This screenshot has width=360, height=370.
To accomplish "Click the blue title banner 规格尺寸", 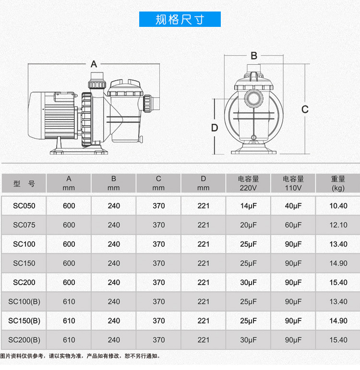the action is click(180, 19).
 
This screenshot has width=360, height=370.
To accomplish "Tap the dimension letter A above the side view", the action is click(94, 64).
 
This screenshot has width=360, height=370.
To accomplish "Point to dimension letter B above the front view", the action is click(254, 56).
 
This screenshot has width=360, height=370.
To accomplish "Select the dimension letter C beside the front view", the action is click(305, 109).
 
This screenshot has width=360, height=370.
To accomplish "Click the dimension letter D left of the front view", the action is click(215, 128).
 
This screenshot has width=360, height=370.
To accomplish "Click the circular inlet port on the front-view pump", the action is click(254, 98).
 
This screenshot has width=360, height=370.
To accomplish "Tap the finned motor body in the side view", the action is click(60, 115).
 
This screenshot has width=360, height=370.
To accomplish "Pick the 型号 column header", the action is click(24, 183).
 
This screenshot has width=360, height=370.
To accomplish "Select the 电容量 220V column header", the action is click(248, 183).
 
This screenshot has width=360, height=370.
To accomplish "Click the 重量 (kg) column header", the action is click(338, 183).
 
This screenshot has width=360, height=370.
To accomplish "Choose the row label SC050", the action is click(24, 206).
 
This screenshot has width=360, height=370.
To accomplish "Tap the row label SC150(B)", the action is click(24, 321).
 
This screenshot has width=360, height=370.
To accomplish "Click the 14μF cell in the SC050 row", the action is click(248, 206).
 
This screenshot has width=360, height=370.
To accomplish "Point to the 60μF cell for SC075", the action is click(293, 225).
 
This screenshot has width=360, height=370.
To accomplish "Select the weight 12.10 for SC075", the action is click(338, 225).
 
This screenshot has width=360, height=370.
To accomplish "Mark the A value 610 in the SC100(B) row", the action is click(69, 301).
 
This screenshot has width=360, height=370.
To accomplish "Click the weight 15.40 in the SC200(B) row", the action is click(338, 340).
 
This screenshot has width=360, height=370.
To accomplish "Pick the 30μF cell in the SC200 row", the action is click(248, 283).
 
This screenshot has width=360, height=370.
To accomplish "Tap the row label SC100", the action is click(24, 244).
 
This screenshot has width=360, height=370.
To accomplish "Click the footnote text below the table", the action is click(80, 356).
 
